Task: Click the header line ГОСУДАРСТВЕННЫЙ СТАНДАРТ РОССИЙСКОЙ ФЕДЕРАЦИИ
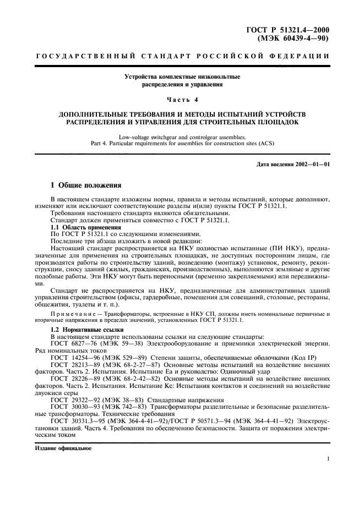point(182,57)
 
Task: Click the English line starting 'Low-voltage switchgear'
point(182,137)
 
